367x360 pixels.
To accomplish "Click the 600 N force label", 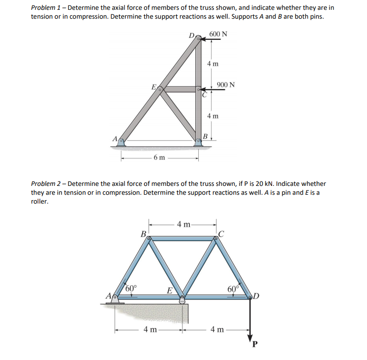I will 218,34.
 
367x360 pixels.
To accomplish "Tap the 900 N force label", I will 225,85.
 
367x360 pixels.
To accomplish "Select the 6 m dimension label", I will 159,157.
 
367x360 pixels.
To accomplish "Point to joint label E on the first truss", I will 154,87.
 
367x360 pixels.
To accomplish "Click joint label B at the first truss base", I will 207,135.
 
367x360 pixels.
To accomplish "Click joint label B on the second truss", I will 143,233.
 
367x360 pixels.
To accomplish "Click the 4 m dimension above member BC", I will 184,225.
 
